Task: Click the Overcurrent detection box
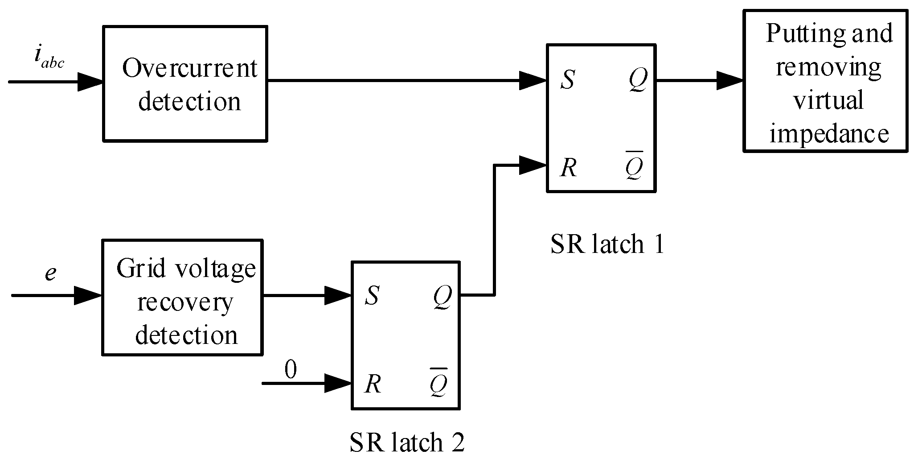pyautogui.click(x=185, y=84)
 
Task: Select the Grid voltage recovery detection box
pyautogui.click(x=182, y=298)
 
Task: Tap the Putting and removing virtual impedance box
pyautogui.click(x=825, y=82)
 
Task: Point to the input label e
pyautogui.click(x=50, y=272)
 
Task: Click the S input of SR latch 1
pyautogui.click(x=567, y=81)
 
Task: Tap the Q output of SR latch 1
pyautogui.click(x=638, y=81)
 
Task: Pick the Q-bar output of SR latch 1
pyautogui.click(x=634, y=167)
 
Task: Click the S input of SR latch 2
pyautogui.click(x=372, y=295)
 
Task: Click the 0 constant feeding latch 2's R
pyautogui.click(x=290, y=370)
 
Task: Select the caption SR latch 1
pyautogui.click(x=607, y=244)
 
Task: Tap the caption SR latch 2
pyautogui.click(x=407, y=442)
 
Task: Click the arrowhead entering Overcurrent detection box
pyautogui.click(x=90, y=82)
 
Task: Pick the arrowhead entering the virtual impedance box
pyautogui.click(x=730, y=81)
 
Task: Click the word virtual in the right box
pyautogui.click(x=828, y=100)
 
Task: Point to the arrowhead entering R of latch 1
pyautogui.click(x=533, y=165)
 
